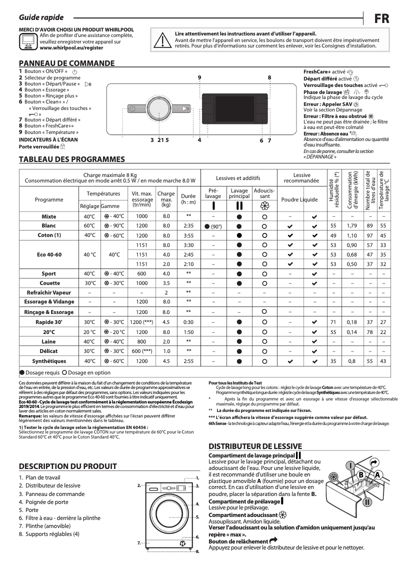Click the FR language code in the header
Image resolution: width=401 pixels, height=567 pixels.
click(381, 18)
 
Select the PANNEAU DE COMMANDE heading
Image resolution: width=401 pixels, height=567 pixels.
click(66, 63)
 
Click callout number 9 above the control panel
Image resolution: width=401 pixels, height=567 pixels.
click(199, 77)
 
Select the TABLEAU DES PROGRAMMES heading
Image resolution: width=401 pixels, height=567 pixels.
click(71, 159)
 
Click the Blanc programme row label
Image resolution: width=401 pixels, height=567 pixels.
click(49, 226)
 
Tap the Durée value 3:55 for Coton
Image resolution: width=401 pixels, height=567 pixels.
click(188, 235)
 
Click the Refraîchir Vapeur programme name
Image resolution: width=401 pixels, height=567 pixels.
click(49, 292)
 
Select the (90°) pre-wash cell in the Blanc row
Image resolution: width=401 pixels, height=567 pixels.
click(213, 226)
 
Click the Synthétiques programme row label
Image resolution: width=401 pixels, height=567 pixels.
click(49, 361)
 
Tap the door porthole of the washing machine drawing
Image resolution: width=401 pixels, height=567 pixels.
click(168, 509)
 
